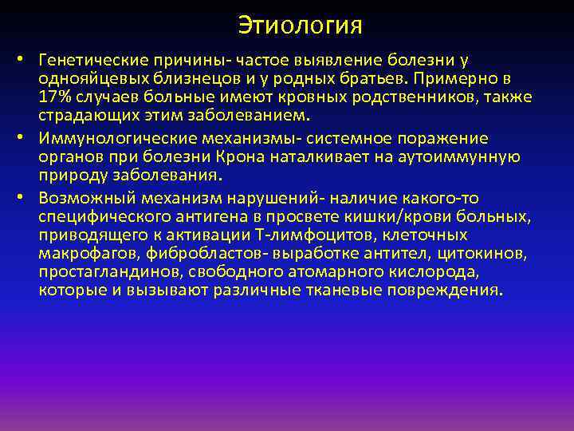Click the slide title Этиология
[300, 25]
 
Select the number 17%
[53, 97]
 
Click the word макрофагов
[81, 254]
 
